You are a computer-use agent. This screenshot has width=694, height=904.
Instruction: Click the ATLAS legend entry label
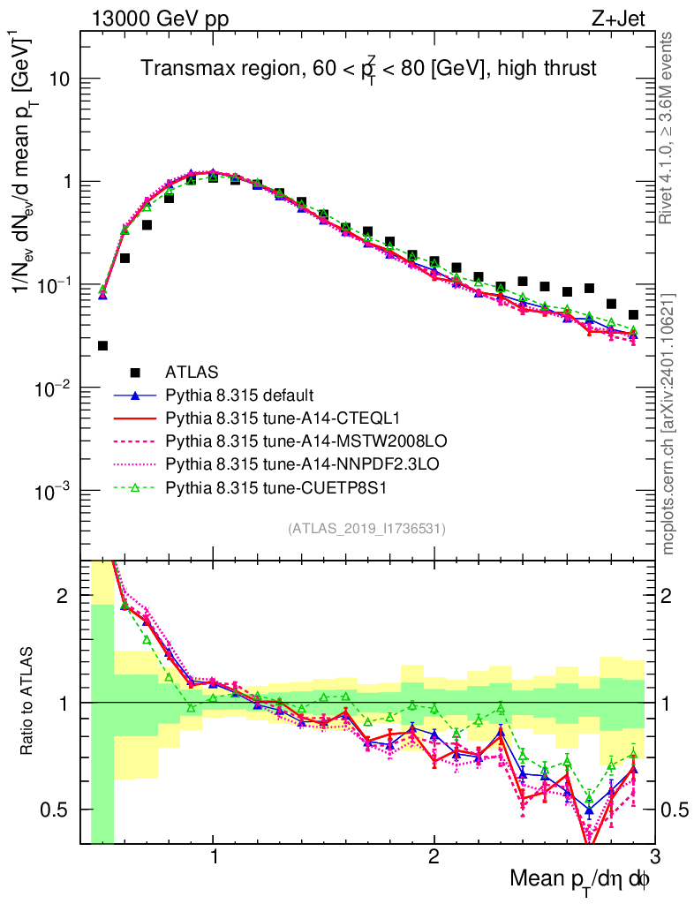(192, 372)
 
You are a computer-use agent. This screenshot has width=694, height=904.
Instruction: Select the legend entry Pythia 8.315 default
(239, 395)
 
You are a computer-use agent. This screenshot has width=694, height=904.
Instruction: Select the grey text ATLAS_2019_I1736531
(366, 529)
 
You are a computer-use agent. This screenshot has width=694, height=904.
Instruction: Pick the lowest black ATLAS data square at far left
(102, 345)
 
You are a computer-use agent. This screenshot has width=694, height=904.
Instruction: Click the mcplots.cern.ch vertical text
(668, 424)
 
